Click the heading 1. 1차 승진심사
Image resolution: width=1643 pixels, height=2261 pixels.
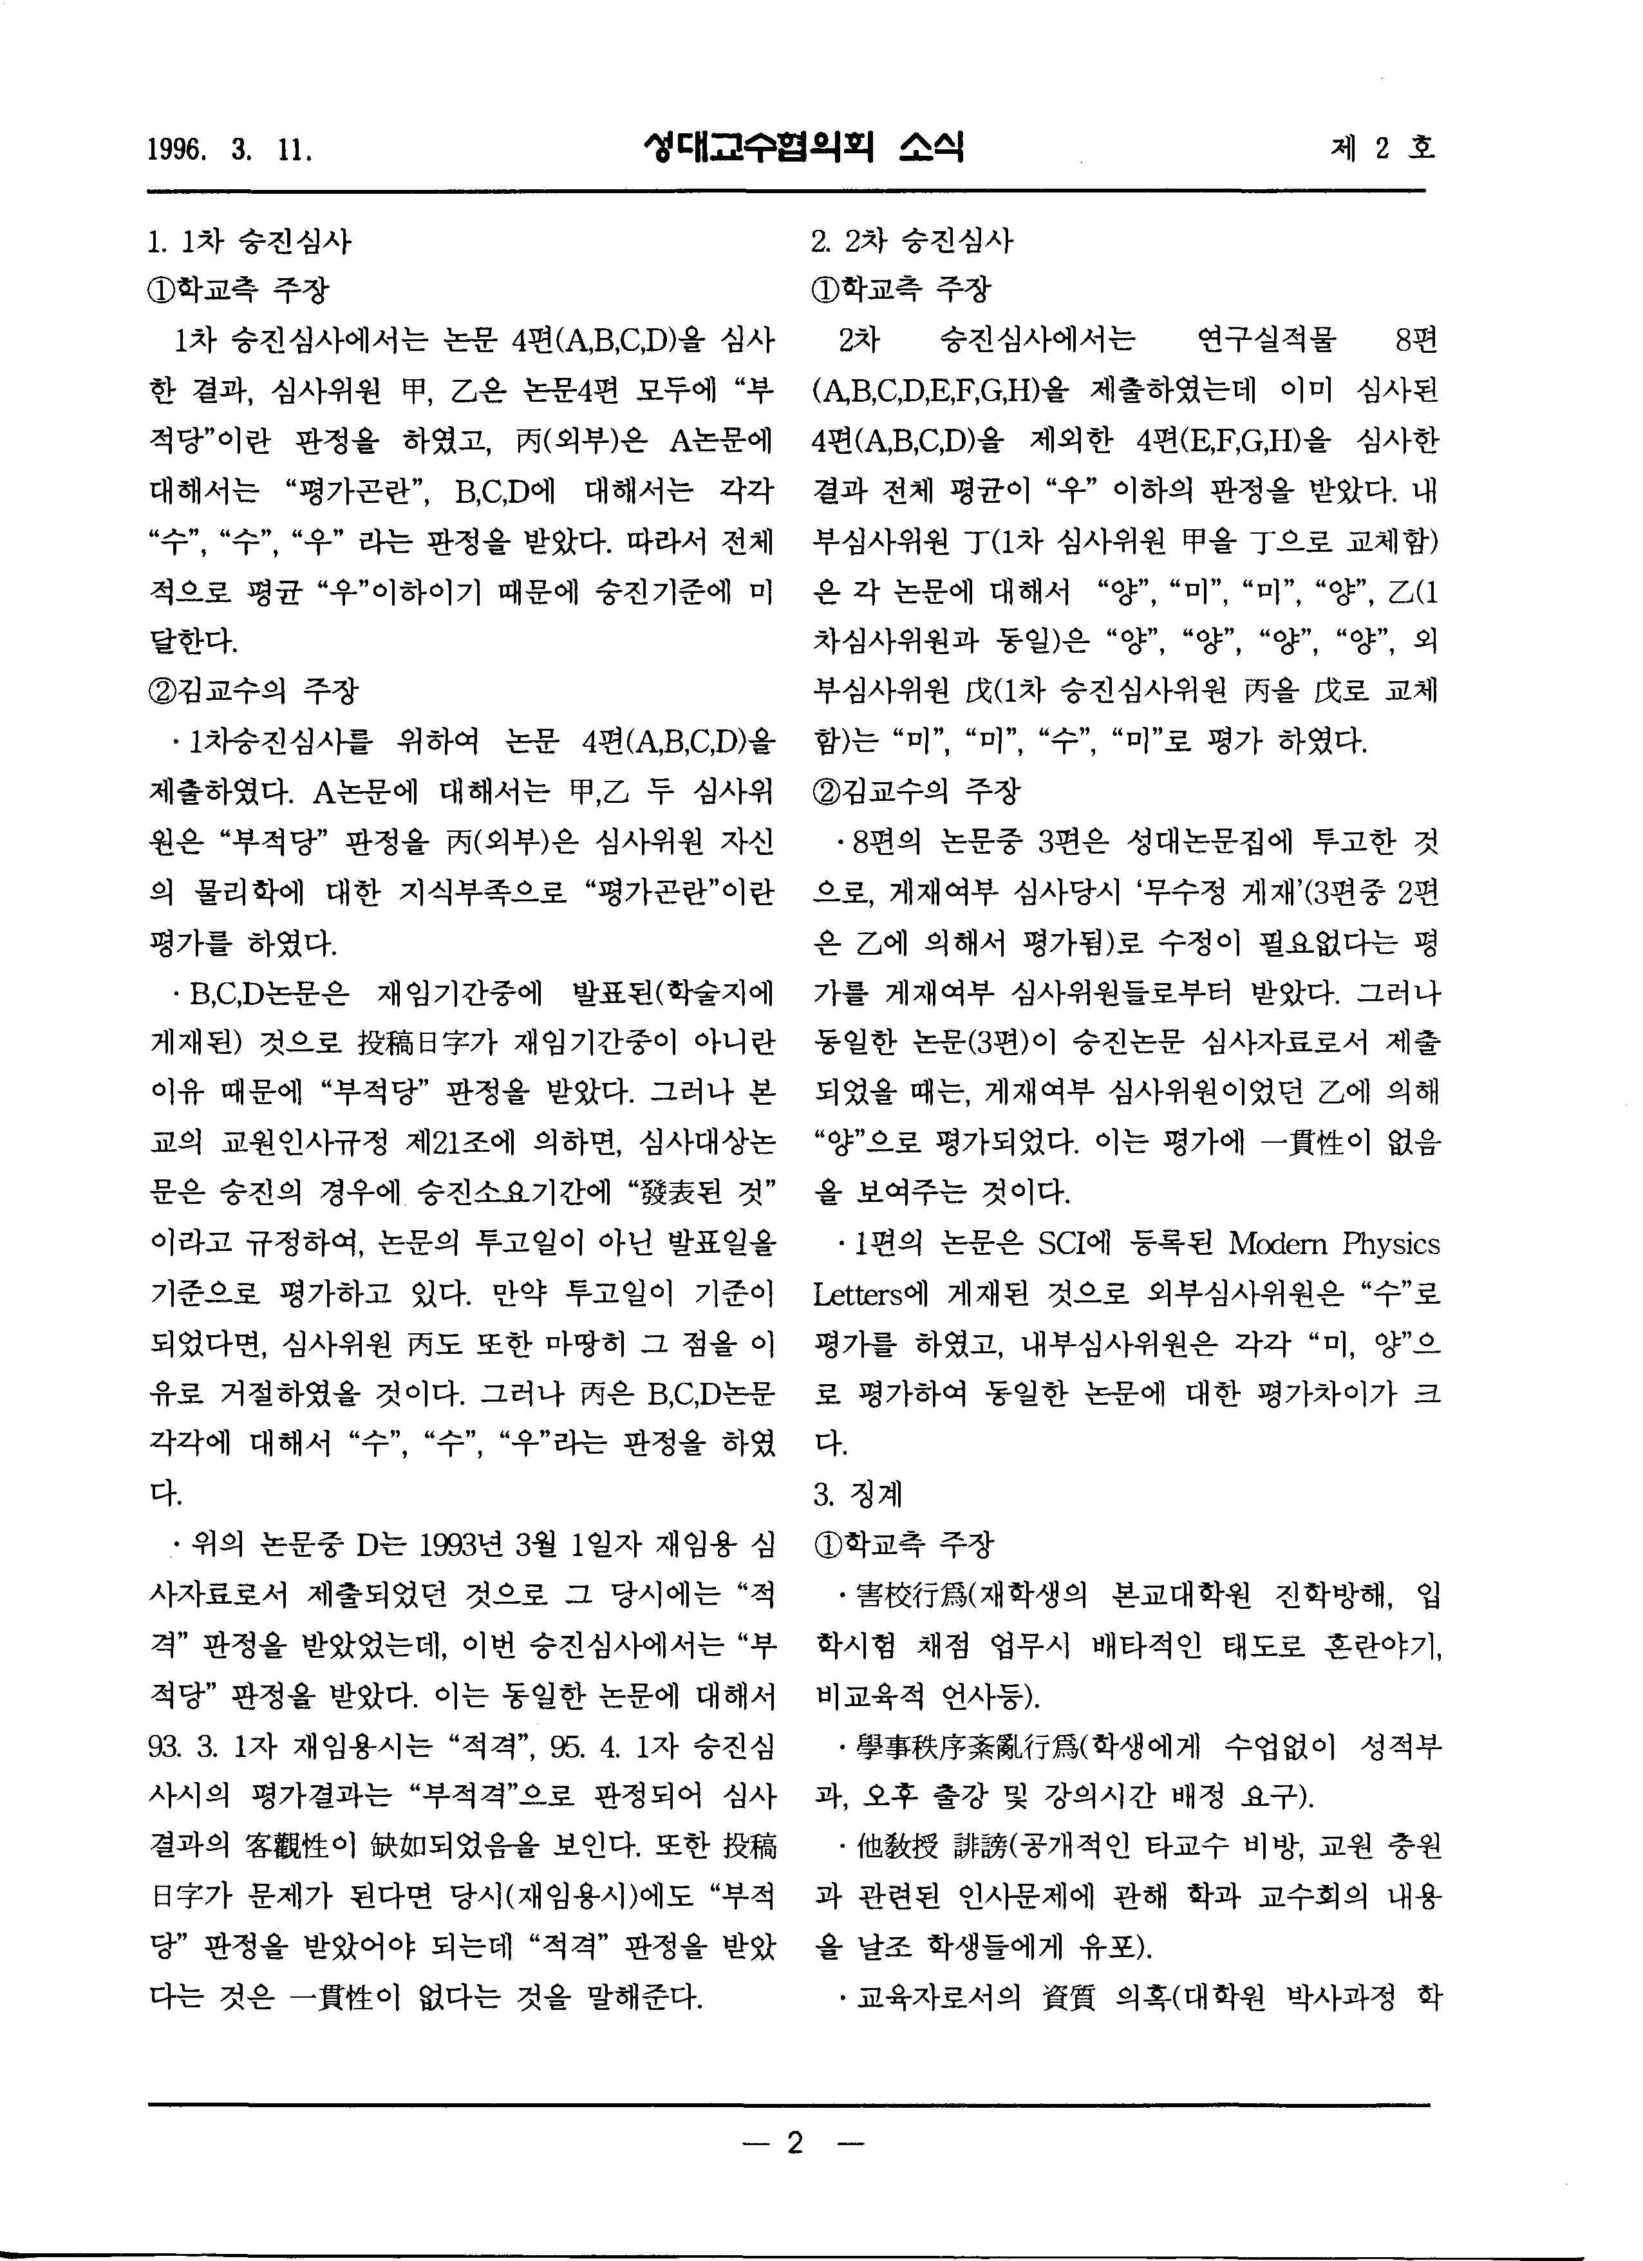[249, 241]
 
